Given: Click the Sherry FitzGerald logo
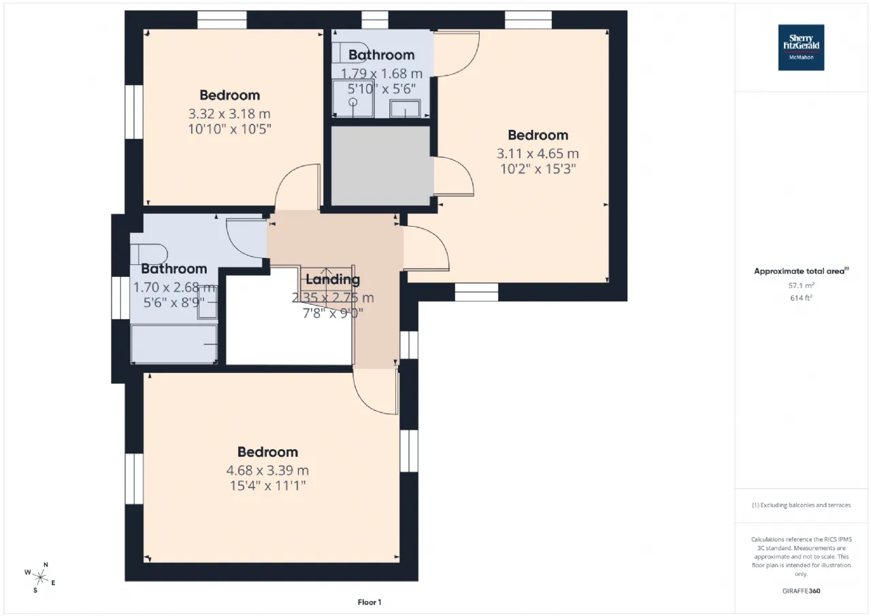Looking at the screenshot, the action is (x=801, y=48).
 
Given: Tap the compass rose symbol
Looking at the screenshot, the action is (x=40, y=577).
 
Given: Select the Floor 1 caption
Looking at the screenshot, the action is (x=369, y=602).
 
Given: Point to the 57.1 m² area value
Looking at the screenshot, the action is (x=801, y=285).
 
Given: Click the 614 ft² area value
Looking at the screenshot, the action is (x=801, y=297).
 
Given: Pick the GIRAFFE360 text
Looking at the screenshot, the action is (x=801, y=591).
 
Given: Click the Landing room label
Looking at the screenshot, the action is (x=333, y=279).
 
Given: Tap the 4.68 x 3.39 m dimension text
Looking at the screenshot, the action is (x=267, y=470).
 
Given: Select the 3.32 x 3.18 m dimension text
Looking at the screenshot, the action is (x=229, y=114).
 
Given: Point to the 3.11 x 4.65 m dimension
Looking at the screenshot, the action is (x=538, y=154).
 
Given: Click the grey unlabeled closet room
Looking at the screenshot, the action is (x=381, y=165).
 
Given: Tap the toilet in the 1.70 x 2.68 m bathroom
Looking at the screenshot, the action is (x=149, y=254).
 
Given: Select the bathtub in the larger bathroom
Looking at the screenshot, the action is (x=174, y=344).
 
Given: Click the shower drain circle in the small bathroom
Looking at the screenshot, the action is (x=353, y=102).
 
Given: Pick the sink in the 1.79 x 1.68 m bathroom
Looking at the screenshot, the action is (x=405, y=108).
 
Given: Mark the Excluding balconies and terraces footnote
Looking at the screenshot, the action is (x=801, y=505).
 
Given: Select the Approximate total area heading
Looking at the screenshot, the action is (x=801, y=271).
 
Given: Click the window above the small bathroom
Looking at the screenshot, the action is (x=375, y=20).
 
